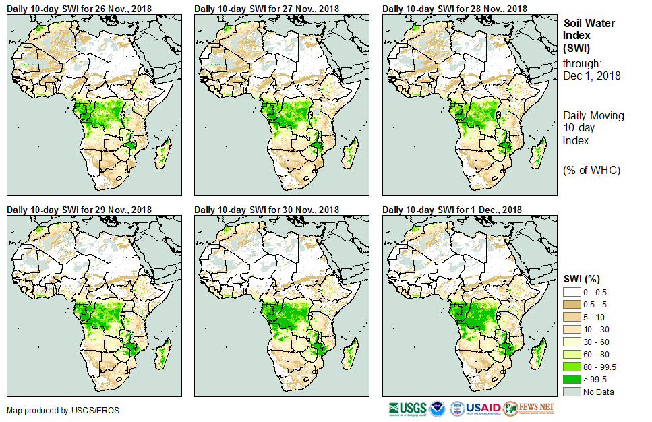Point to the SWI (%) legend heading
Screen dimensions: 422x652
pos(581,278)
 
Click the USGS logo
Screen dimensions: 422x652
pos(407,409)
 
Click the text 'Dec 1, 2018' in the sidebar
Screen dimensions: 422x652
pos(592,76)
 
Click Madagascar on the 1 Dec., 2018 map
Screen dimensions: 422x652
pos(539,355)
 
